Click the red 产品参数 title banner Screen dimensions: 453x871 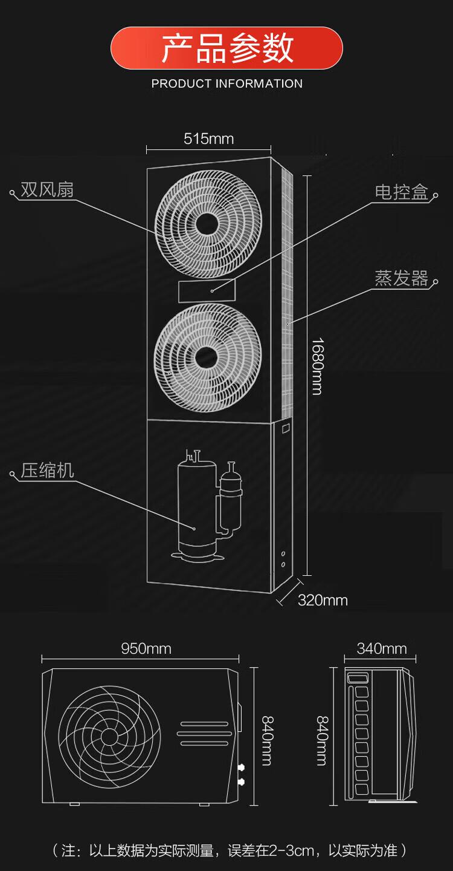click(x=226, y=48)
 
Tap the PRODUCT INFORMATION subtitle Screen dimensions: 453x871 click(x=226, y=83)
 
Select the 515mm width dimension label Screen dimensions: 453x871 click(x=208, y=139)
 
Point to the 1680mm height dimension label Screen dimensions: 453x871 click(x=318, y=367)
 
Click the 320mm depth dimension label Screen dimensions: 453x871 click(x=323, y=601)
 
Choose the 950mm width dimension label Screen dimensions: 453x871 click(x=146, y=648)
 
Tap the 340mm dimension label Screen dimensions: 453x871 click(x=382, y=648)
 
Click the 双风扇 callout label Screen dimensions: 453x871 click(x=47, y=190)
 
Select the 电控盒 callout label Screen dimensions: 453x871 click(x=402, y=192)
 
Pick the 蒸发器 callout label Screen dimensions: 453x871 click(x=402, y=278)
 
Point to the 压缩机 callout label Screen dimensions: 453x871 click(x=47, y=471)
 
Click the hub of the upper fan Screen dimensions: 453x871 click(x=207, y=224)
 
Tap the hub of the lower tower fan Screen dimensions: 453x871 click(x=206, y=357)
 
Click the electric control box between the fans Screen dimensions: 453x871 click(x=207, y=291)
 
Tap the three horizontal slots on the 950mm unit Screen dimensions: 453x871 click(x=205, y=734)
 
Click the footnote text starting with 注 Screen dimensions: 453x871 click(x=230, y=850)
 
